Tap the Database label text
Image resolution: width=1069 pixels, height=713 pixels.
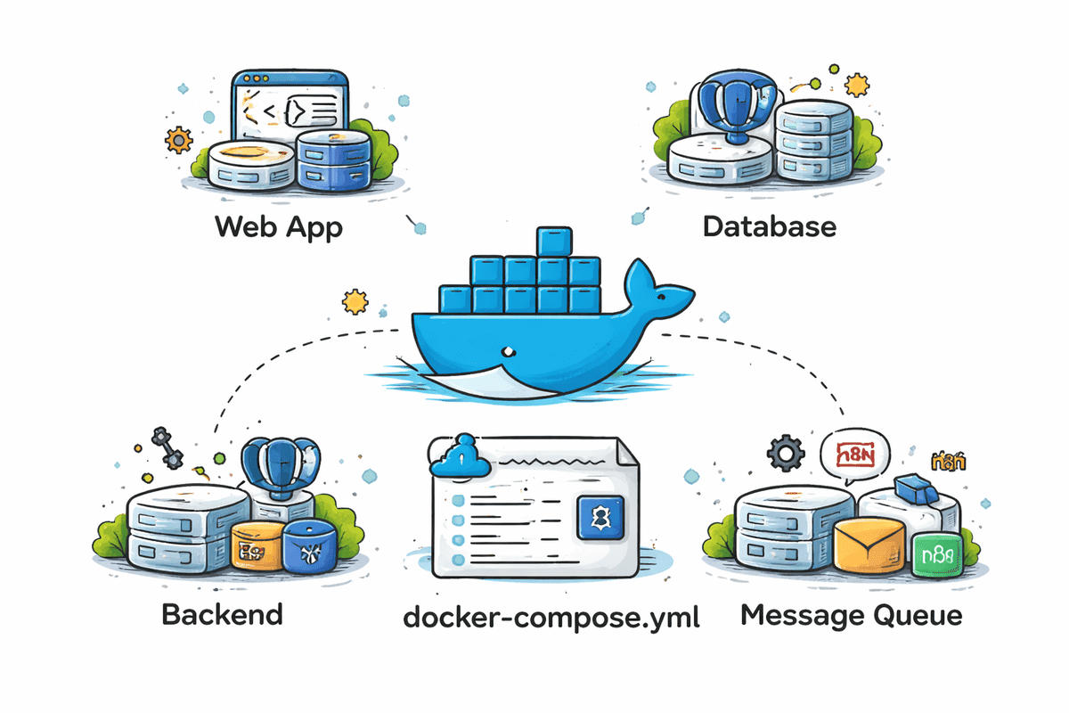769,225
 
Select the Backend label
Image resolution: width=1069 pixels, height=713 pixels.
222,614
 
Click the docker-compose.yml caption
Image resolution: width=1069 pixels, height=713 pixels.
551,616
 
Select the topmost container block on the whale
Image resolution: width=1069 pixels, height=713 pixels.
552,242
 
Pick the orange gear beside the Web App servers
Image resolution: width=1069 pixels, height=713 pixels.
178,140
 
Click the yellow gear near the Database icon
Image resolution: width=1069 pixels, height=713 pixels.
856,85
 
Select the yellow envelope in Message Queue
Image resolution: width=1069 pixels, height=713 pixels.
870,543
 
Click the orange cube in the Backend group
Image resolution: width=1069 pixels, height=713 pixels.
256,546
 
